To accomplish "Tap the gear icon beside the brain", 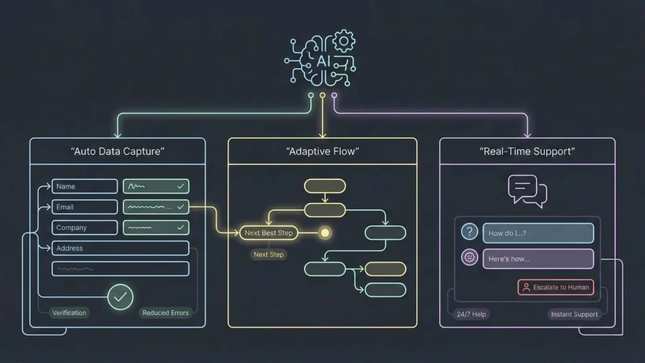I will [345, 42].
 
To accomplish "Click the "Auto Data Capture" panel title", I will [117, 151].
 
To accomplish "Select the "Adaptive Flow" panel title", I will [322, 151].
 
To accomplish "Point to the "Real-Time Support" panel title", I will [527, 151].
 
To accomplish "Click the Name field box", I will [84, 186].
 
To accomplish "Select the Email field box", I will [84, 207].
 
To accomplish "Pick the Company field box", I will [84, 228].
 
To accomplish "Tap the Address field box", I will [120, 248].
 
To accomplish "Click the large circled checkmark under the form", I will [120, 296].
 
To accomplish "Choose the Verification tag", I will [69, 313].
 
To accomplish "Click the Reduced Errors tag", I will [165, 313].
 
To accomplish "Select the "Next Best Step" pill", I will [269, 233].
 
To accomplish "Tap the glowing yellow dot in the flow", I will [325, 233].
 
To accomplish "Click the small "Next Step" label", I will [268, 255].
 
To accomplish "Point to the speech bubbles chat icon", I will [527, 190].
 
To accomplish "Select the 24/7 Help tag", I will [471, 314].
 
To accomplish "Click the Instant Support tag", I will [574, 314].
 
